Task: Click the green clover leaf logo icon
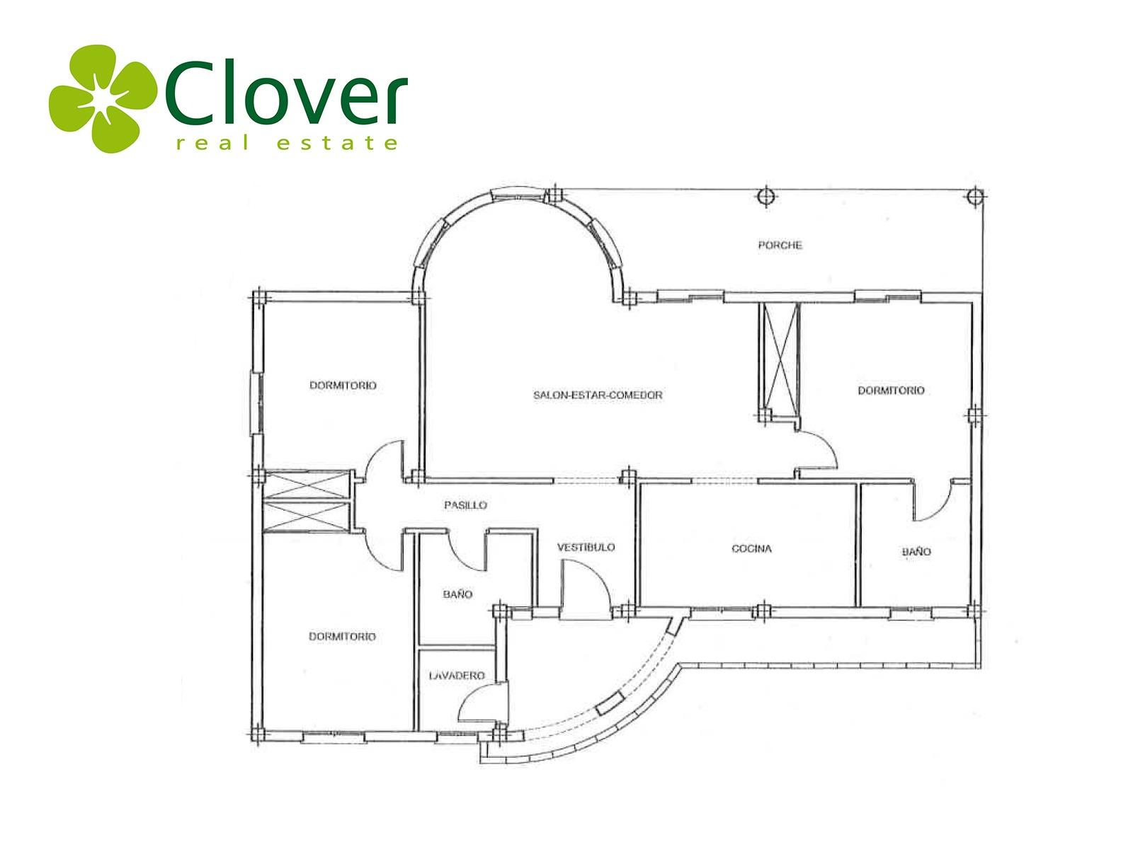103,98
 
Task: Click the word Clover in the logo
287,92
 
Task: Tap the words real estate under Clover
287,143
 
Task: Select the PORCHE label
780,246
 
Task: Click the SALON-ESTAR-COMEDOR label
598,395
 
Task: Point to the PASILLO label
465,505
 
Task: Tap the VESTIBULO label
586,547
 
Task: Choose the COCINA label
751,548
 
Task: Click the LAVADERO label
457,675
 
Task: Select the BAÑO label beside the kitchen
916,551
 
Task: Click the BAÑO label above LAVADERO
457,594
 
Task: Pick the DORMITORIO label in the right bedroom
891,391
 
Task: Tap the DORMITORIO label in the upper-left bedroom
343,385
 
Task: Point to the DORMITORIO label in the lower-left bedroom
342,637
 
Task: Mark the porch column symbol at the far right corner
974,196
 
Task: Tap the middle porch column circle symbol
765,197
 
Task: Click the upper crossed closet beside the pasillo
307,485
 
